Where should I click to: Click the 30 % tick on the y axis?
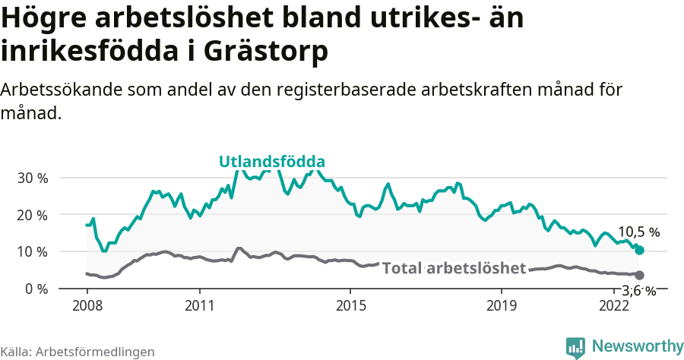point(32,178)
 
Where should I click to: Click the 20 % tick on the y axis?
point(32,215)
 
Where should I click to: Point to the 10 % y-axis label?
point(32,251)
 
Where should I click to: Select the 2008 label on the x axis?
point(87,306)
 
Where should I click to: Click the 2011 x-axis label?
point(199,306)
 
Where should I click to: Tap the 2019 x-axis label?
point(501,306)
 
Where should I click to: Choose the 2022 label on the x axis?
point(613,306)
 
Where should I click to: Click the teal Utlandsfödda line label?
point(272,162)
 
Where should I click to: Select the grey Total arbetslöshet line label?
point(454,268)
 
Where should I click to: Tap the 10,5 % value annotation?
point(638,232)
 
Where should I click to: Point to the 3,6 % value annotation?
point(638,290)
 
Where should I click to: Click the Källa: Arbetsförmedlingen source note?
point(78,352)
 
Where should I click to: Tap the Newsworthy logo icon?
point(575,347)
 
